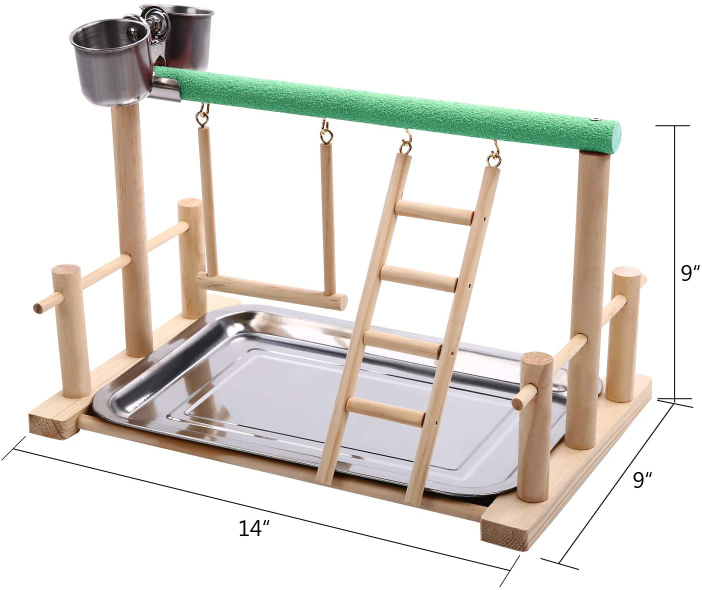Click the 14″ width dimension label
pyautogui.click(x=254, y=528)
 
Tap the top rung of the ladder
pyautogui.click(x=434, y=212)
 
